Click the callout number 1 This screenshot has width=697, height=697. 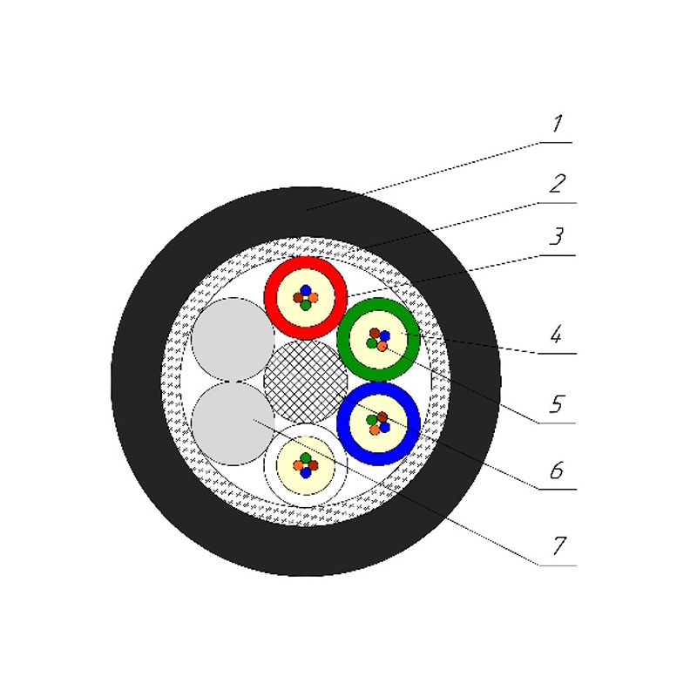[557, 125]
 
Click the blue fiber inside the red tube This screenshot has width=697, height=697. [306, 290]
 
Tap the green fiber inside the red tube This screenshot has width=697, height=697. [305, 305]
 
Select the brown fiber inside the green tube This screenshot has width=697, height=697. [375, 333]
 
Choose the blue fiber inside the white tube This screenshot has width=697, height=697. [306, 473]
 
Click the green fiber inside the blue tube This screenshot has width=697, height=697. [372, 420]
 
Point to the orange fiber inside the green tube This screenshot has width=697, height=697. [382, 346]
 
